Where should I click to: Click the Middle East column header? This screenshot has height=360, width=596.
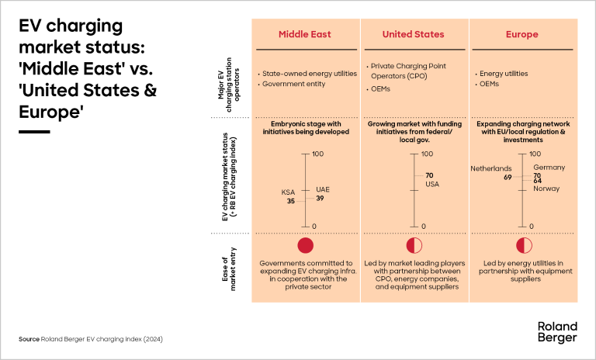[x=305, y=34]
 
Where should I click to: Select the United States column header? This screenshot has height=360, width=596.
[x=414, y=34]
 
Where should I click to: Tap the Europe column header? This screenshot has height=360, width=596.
[x=521, y=34]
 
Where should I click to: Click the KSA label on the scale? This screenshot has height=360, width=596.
[x=289, y=192]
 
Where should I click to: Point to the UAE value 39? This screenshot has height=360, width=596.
[x=320, y=199]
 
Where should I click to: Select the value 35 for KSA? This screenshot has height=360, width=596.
[x=291, y=201]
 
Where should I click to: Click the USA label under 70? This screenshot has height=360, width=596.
[x=432, y=184]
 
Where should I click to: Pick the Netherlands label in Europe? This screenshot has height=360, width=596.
[x=491, y=168]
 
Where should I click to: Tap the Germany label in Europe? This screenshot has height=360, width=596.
[x=549, y=168]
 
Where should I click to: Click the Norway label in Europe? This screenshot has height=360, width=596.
[x=546, y=189]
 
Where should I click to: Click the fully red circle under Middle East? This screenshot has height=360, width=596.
[x=306, y=245]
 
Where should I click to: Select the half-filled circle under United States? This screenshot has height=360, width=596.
[x=414, y=245]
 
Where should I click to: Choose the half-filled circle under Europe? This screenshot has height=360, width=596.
[x=521, y=245]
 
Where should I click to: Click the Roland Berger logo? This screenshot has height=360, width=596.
[x=557, y=332]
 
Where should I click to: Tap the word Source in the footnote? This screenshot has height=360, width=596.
[x=29, y=340]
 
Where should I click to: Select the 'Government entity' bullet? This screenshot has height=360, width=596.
[x=293, y=84]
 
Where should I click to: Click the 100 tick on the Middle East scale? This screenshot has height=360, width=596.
[x=317, y=154]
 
